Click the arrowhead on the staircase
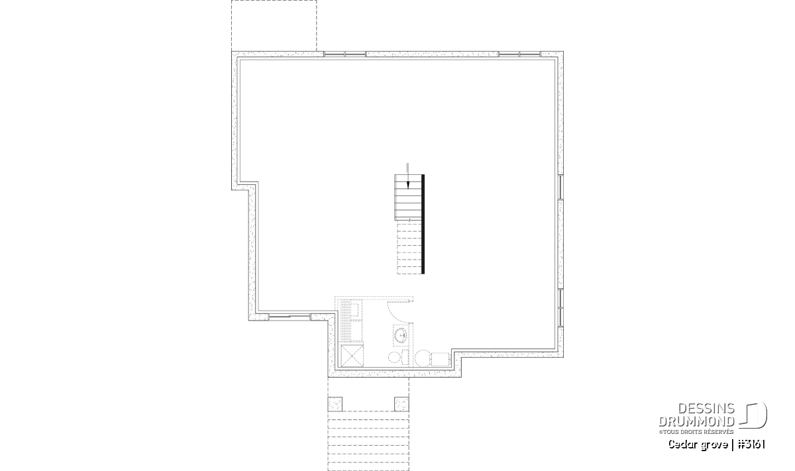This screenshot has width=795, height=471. pos(408,185)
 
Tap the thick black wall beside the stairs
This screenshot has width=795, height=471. pos(423,224)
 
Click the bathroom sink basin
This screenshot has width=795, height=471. pos(401,335)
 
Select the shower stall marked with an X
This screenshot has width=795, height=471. pos(352,356)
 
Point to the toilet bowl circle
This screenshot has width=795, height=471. pos(394,357)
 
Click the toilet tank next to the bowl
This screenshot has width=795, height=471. pos(405,357)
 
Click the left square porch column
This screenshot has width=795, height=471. pos(335,404)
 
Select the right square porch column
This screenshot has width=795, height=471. pos(401,404)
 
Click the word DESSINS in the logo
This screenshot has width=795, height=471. pos(706,409)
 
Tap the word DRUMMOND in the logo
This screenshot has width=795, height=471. pos(697,422)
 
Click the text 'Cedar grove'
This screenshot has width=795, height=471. pos(698,445)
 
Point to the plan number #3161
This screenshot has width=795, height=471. pos(751,445)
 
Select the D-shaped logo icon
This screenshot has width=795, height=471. pos(753,415)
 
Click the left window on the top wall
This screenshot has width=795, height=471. pos(344,54)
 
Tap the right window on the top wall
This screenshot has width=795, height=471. pos(519,54)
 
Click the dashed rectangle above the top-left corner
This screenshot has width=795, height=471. pos(274,26)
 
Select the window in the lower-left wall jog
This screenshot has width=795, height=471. pos(290,317)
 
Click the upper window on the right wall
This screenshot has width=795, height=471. pos(560,187)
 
